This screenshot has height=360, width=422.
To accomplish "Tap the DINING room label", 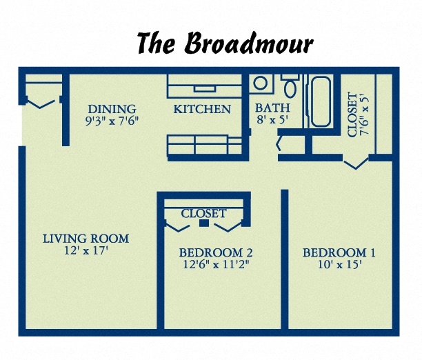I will coord(112,109).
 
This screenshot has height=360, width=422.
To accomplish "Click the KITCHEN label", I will coord(202,109).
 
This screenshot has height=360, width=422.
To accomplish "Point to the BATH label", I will coord(272,108).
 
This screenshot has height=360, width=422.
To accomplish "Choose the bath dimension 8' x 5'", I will coord(272,120).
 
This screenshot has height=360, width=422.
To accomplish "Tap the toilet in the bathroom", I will coord(290,87).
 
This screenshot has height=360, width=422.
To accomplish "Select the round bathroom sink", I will coord(261,84).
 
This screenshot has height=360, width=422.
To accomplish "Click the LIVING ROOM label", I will coord(86,239).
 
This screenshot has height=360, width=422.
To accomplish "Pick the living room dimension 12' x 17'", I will coord(86,251).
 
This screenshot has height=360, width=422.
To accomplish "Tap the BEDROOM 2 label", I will coord(211,252).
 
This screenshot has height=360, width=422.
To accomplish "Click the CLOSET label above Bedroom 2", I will coord(203,214).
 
